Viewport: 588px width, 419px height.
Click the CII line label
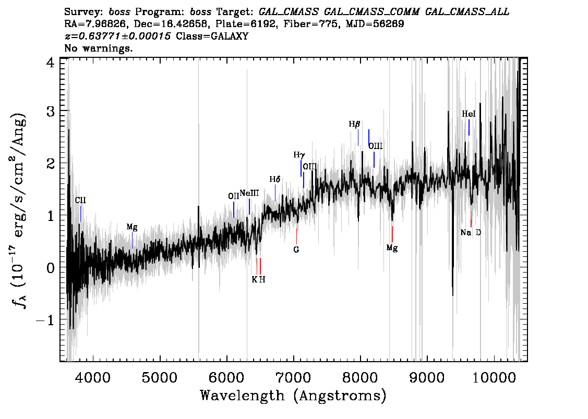(80, 200)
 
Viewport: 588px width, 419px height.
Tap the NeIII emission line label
(249, 193)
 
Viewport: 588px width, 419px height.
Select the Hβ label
(354, 125)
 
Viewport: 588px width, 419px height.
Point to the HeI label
(469, 114)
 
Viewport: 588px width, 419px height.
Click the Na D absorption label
(471, 232)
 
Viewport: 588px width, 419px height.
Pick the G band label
(296, 250)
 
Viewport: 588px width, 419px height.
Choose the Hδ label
(275, 179)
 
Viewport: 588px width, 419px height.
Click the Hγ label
(299, 155)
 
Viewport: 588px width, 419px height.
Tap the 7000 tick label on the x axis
(294, 377)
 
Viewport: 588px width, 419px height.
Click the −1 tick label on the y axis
(45, 320)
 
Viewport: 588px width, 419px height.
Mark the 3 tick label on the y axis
(51, 112)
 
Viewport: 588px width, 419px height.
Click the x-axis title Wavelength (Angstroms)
(293, 396)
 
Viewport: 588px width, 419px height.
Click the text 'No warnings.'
(99, 48)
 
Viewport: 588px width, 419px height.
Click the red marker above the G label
(296, 235)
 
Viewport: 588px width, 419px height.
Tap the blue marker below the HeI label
(469, 127)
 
